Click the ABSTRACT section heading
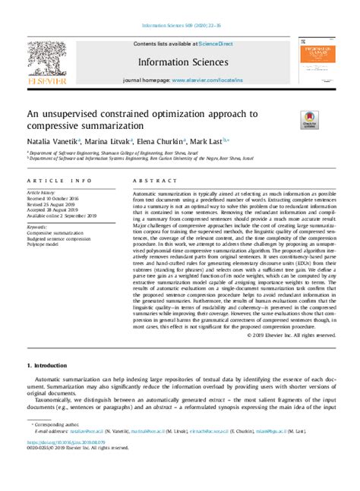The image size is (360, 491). click(x=150, y=182)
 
